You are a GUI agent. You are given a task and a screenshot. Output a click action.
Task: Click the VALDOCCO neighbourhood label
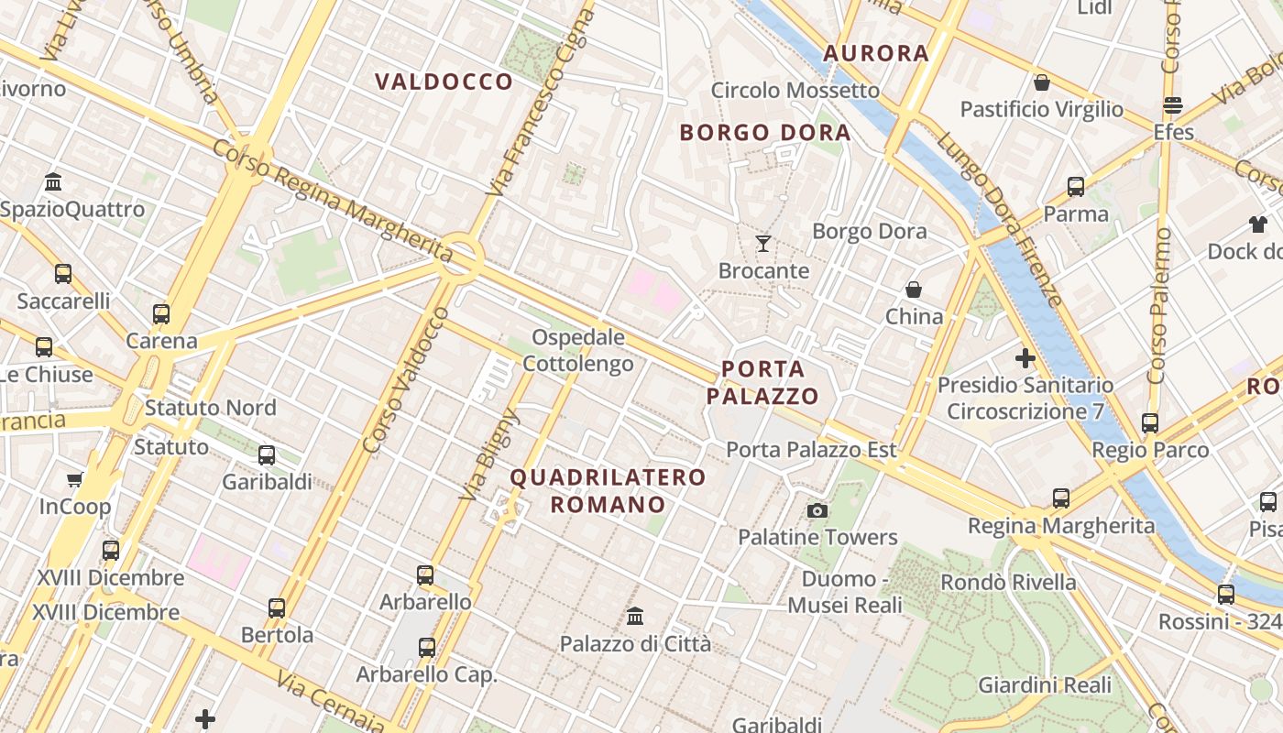pos(444,82)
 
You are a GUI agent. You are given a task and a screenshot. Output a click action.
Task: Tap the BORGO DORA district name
pos(765,133)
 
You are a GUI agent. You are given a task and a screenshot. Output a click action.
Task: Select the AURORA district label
pos(876,53)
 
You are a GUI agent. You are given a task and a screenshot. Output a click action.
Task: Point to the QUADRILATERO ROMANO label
pos(609,491)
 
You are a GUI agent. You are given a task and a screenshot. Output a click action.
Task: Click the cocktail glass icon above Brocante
pos(762,244)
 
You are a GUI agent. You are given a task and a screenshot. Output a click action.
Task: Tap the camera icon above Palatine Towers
pos(817,510)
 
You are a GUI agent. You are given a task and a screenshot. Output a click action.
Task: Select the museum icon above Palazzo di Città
pos(634,617)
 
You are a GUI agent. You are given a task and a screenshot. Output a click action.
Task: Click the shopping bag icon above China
pos(914,290)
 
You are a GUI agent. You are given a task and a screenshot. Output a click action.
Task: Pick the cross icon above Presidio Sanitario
pos(1025,358)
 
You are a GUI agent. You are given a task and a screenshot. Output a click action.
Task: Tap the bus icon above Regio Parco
pos(1150,423)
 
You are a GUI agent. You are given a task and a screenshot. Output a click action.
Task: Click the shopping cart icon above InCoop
pos(74,479)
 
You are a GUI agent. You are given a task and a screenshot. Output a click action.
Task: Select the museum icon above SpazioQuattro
pos(53,181)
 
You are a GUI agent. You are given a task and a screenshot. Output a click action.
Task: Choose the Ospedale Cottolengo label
pos(578,351)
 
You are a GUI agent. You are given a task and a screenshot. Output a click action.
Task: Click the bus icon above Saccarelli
pos(63,274)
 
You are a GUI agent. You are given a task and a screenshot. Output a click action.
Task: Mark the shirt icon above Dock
pos(1257,224)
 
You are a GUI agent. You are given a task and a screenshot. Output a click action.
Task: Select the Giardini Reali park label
pos(1045,684)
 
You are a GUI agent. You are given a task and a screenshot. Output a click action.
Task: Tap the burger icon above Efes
pos(1172,105)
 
